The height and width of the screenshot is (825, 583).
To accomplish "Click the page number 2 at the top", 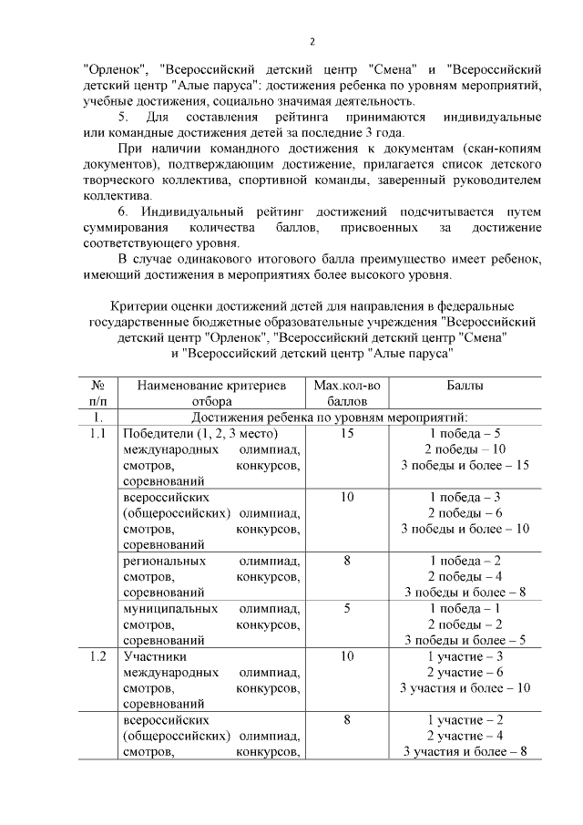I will pos(312,41).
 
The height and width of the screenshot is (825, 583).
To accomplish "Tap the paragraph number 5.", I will pos(123,119).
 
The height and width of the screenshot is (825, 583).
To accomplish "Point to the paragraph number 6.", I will pos(123,211).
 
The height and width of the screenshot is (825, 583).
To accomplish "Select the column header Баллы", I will pos(465,386).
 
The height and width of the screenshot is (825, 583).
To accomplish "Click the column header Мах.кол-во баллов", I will pos(347,393).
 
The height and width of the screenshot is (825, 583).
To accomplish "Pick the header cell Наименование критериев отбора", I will pos(210,393).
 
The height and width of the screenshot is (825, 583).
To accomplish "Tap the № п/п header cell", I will pos(97,393).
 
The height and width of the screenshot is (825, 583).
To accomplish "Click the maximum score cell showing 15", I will pos(347,433).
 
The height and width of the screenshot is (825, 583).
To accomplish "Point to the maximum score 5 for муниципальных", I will pos(347,608).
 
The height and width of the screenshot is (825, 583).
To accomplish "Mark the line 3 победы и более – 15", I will pos(465,466).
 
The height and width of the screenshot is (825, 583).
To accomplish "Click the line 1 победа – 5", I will pos(465,433).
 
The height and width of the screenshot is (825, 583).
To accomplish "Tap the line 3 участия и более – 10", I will pos(465,687).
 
